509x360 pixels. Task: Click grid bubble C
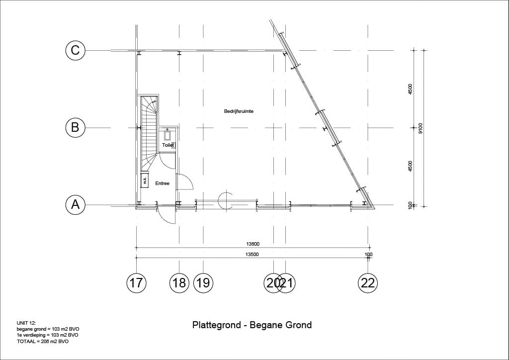pyautogui.click(x=76, y=50)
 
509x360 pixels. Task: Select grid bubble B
pyautogui.click(x=76, y=127)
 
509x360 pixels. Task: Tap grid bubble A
pyautogui.click(x=76, y=205)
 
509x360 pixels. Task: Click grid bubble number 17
pyautogui.click(x=136, y=283)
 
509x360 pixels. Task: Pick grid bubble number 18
pyautogui.click(x=179, y=283)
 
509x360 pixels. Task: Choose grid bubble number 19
pyautogui.click(x=203, y=283)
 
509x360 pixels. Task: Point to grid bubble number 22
pyautogui.click(x=368, y=283)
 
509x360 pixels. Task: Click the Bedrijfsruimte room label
pyautogui.click(x=239, y=111)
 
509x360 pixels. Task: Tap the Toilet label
pyautogui.click(x=168, y=145)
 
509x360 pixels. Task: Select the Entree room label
pyautogui.click(x=163, y=183)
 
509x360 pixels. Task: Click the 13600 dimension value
pyautogui.click(x=253, y=244)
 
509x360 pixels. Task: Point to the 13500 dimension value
pyautogui.click(x=252, y=255)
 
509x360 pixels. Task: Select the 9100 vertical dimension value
pyautogui.click(x=421, y=128)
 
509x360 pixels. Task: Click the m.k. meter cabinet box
pyautogui.click(x=145, y=180)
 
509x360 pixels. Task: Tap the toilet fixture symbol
pyautogui.click(x=168, y=135)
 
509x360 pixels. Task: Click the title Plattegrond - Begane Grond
pyautogui.click(x=252, y=325)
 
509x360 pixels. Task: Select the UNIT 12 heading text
pyautogui.click(x=27, y=323)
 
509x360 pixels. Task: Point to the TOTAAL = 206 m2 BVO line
pyautogui.click(x=43, y=342)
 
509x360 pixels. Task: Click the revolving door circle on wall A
pyautogui.click(x=225, y=200)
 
